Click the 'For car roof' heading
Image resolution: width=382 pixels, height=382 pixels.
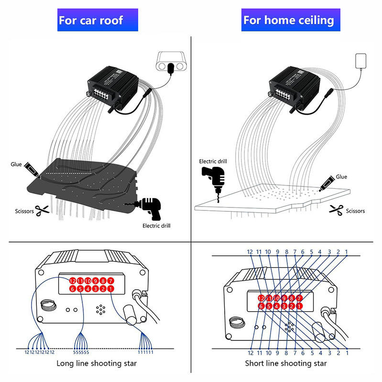click(x=90, y=20)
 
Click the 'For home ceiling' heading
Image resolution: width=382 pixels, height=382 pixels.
click(x=288, y=20)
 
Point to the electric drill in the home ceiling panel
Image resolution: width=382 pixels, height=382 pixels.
click(x=214, y=177)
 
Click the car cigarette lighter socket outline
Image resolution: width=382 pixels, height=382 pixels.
click(x=171, y=61)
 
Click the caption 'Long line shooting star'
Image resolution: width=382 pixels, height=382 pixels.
click(x=97, y=363)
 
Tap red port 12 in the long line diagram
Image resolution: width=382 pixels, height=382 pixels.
click(x=73, y=281)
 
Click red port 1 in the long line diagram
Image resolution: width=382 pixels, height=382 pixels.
click(x=110, y=289)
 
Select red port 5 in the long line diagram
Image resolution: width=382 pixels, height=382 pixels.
click(x=80, y=289)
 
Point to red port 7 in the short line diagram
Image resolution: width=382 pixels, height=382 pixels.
click(x=299, y=298)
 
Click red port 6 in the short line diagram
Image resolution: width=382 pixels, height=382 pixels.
click(x=261, y=306)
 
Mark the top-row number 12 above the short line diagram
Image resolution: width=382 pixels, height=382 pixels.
click(x=250, y=251)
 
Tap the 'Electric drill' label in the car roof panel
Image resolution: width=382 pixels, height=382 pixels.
click(x=156, y=226)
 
